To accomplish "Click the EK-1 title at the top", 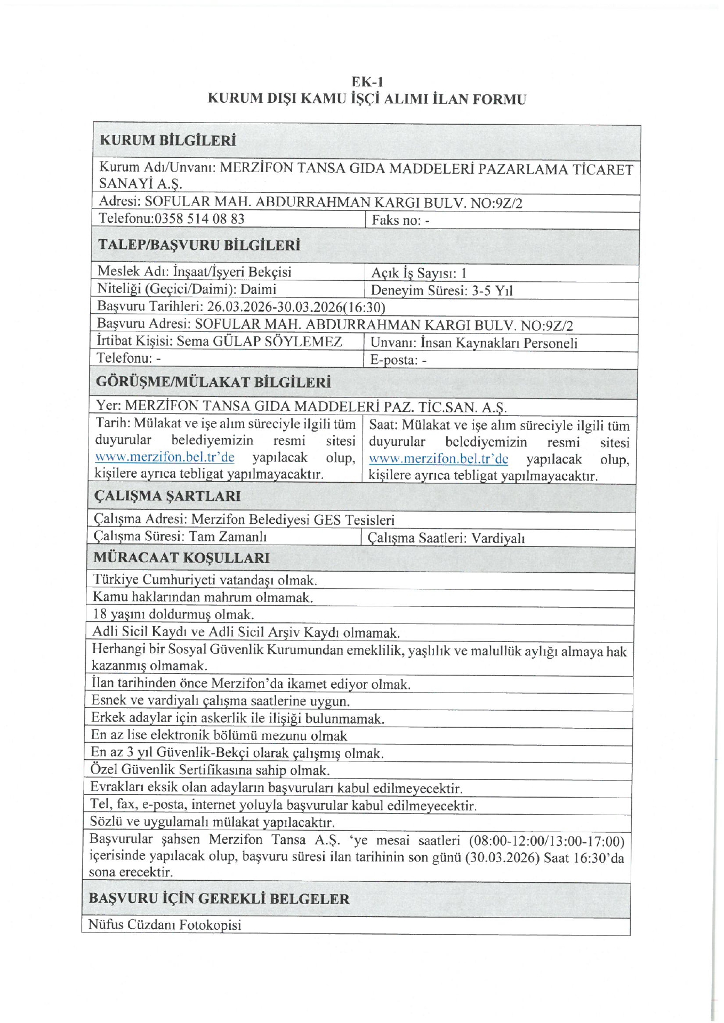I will [x=367, y=82].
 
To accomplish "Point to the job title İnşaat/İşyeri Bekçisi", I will [x=232, y=272].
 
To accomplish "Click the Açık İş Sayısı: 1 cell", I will [x=419, y=273].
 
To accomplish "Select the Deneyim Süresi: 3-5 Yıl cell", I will [x=441, y=290].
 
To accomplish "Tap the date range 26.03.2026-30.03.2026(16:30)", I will [x=296, y=307].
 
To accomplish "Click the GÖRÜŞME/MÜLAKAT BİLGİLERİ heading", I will [x=213, y=382].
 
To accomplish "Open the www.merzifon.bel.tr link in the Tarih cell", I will [x=165, y=458].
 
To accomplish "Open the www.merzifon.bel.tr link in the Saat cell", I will [x=438, y=459].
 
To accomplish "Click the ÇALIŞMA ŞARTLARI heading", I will [x=167, y=496].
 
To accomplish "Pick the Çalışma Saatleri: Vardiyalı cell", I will [x=446, y=538].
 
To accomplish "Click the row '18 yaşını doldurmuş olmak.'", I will [x=173, y=614].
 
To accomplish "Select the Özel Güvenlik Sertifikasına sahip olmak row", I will [x=210, y=770].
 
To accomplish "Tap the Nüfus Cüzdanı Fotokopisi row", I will [x=165, y=924].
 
